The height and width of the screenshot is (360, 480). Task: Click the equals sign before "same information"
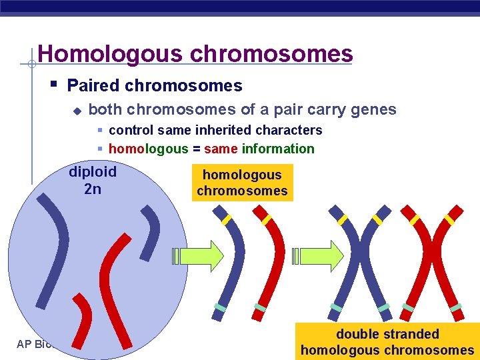[197, 149]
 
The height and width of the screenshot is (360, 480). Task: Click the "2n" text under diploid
[93, 189]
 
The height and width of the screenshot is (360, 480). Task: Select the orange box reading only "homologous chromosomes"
[242, 183]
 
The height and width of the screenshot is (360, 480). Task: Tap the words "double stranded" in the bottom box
[387, 334]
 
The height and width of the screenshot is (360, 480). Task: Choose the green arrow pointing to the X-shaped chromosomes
[319, 255]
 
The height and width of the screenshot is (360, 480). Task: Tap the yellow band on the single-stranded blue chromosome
[227, 219]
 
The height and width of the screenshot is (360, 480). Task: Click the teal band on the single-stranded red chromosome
[260, 308]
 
